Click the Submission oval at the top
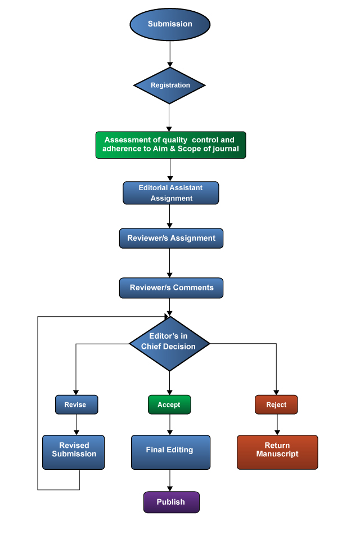(170, 24)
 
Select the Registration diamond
(169, 86)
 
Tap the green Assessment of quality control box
(170, 145)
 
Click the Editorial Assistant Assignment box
(170, 192)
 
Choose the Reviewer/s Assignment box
(170, 238)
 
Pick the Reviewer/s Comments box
(170, 288)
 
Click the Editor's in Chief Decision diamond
(169, 342)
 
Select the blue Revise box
(76, 405)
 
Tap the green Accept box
(169, 405)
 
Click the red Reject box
(276, 405)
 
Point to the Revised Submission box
(74, 452)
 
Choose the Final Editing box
(170, 452)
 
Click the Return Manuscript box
(277, 452)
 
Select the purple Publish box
(171, 502)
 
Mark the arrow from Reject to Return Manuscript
(276, 425)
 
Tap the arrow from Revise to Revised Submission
(76, 425)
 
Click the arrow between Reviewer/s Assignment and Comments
(169, 263)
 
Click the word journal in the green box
(226, 149)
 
